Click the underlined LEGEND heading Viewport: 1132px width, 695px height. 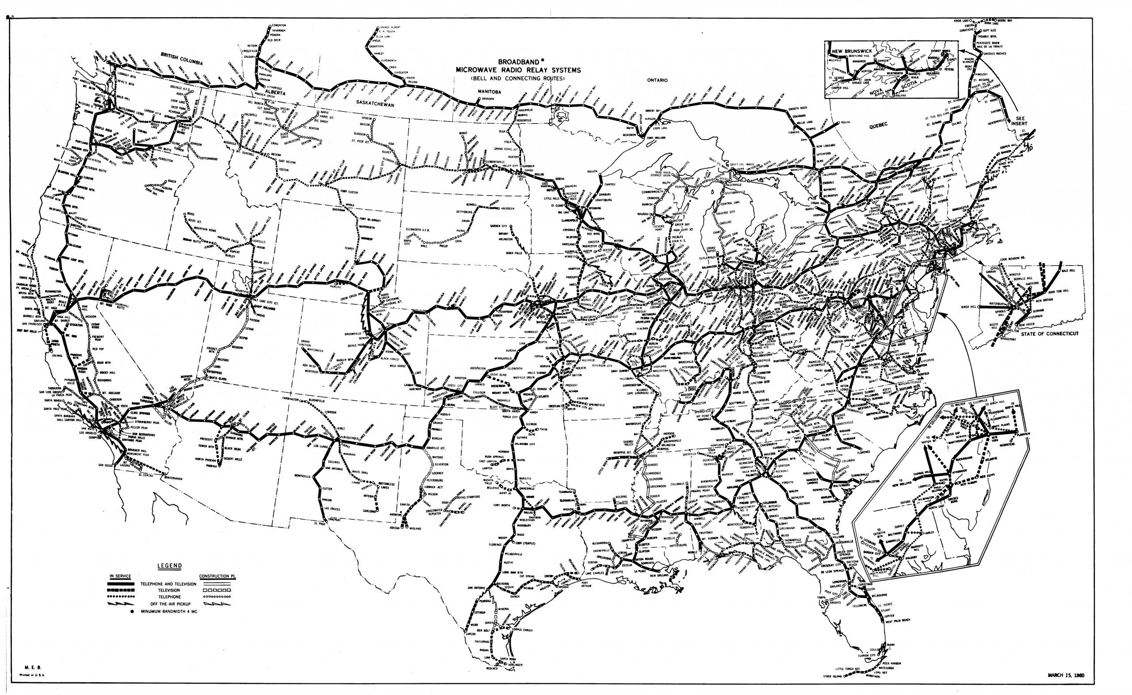click(x=170, y=566)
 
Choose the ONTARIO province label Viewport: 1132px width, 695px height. click(x=657, y=80)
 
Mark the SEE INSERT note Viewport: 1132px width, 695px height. click(x=1015, y=122)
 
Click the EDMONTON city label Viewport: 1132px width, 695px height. click(x=279, y=25)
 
